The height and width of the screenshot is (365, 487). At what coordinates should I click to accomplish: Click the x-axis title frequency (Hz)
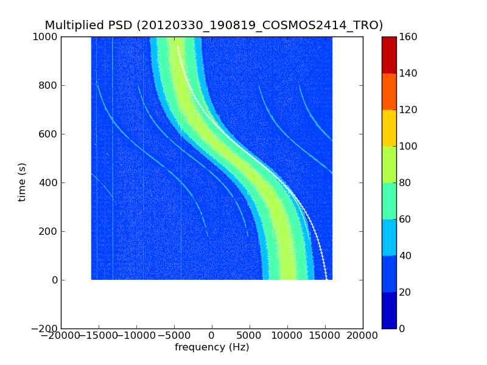point(212,347)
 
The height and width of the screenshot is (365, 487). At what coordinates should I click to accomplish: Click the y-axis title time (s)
point(22,182)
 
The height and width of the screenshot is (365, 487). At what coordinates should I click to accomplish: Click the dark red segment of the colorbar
point(389,55)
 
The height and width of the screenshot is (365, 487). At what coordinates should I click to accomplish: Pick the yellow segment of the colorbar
point(389,128)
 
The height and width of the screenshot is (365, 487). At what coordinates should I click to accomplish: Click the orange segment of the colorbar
point(389,91)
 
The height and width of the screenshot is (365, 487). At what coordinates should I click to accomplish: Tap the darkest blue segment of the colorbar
point(389,310)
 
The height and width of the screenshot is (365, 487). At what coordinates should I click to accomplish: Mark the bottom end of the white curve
point(326,279)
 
